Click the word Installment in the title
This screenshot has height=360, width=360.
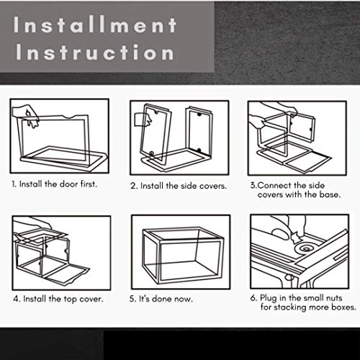click(x=95, y=24)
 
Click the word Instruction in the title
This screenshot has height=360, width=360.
click(x=95, y=52)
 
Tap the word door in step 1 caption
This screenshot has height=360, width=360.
click(x=68, y=184)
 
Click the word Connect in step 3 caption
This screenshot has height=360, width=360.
click(x=274, y=185)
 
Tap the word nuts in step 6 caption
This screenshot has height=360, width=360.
click(x=333, y=298)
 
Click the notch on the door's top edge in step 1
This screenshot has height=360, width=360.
click(x=70, y=117)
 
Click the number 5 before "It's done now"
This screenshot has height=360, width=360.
click(x=132, y=299)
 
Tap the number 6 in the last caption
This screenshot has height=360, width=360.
click(x=253, y=298)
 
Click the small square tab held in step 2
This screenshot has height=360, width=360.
click(x=140, y=120)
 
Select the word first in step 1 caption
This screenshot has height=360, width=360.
click(x=89, y=184)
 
